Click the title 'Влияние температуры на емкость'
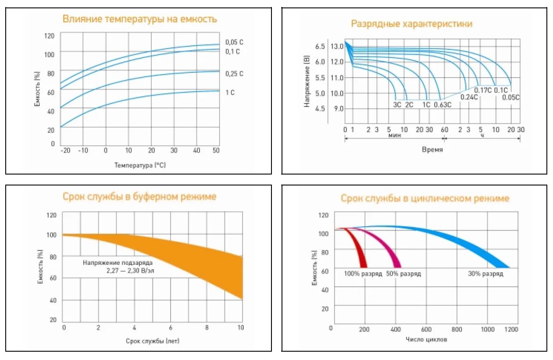click(139, 19)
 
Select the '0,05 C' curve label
click(234, 42)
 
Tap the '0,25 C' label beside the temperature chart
click(234, 74)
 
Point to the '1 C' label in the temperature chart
click(230, 93)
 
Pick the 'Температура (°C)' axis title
click(140, 165)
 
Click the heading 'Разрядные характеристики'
click(412, 24)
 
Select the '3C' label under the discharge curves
click(397, 105)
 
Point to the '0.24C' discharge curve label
click(469, 97)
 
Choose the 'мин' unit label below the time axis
click(395, 135)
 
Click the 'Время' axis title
click(432, 150)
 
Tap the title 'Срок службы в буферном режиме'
click(139, 196)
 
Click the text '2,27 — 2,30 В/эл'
click(130, 271)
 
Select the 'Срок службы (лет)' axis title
click(152, 341)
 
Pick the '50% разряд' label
click(403, 274)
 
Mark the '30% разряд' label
click(485, 274)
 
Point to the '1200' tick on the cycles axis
click(511, 329)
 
